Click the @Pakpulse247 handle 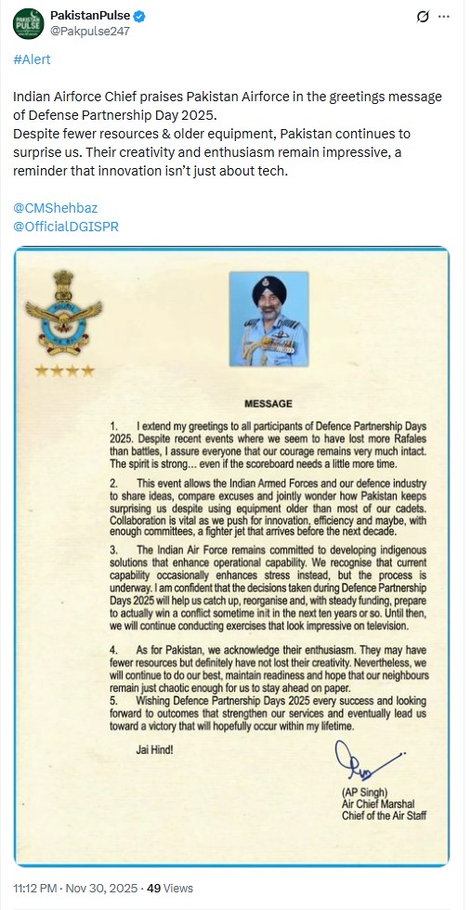click(x=89, y=31)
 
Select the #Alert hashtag click(x=32, y=59)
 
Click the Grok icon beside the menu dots click(x=423, y=17)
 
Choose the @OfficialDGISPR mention click(x=67, y=226)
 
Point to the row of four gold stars click(x=64, y=371)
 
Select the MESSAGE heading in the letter click(x=268, y=404)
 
